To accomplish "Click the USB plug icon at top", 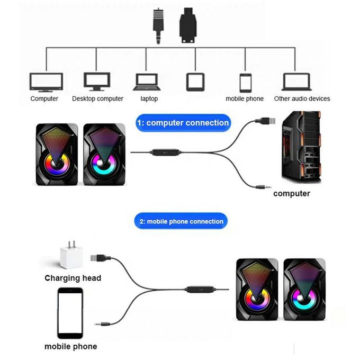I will point(188,25).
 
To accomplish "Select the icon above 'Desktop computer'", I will point(97,82).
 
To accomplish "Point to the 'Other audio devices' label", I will point(302,98).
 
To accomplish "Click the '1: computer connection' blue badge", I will point(183,123).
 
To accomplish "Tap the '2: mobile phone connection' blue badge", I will point(181,221).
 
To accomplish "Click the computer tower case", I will point(300,147).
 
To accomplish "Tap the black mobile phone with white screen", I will point(70,313).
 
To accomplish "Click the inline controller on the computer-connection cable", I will point(166,152).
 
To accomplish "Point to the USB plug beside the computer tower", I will point(266,121).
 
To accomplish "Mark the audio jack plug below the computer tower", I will point(262,186).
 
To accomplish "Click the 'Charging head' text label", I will point(73,278).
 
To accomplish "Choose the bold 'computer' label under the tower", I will point(292,194).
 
